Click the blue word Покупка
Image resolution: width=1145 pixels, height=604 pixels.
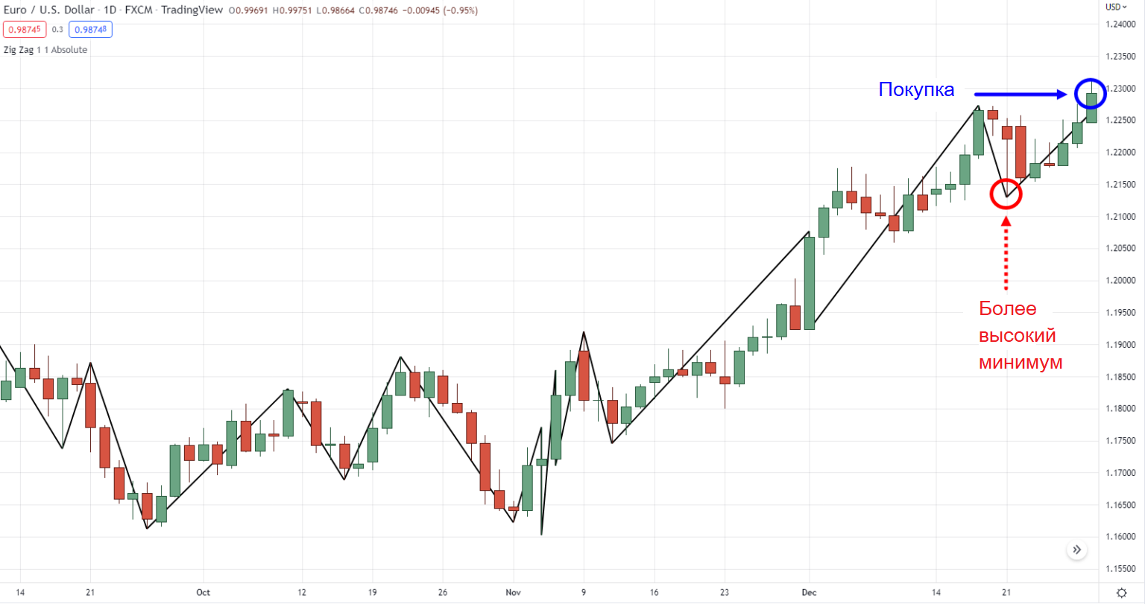point(916,90)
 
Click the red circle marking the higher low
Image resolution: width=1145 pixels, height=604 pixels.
point(1006,194)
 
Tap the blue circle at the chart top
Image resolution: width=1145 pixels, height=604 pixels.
point(1091,94)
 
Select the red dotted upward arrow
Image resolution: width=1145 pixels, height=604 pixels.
point(1006,253)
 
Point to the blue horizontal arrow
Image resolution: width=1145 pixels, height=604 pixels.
point(1021,94)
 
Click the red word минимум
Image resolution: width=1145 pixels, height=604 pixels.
point(1021,363)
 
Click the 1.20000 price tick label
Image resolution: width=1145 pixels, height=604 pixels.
point(1120,281)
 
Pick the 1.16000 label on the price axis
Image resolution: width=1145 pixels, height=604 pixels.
point(1120,537)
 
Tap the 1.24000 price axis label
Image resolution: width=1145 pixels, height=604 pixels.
point(1120,25)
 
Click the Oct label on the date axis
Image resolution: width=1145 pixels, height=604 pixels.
point(203,593)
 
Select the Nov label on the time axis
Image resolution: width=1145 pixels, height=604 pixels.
point(514,593)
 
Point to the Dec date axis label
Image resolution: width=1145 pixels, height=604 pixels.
point(809,593)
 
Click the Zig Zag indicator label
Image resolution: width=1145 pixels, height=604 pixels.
point(45,50)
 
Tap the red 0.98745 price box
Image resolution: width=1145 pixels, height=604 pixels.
point(25,30)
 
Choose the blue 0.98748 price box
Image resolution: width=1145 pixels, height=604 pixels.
point(90,30)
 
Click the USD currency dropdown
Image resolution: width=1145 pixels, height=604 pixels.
point(1116,7)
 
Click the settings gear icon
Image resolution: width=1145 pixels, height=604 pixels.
point(1121,593)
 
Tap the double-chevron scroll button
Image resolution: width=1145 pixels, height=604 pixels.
point(1076,550)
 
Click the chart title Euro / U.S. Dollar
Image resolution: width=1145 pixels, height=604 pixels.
point(49,10)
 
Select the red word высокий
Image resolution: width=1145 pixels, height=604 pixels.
point(1017,336)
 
